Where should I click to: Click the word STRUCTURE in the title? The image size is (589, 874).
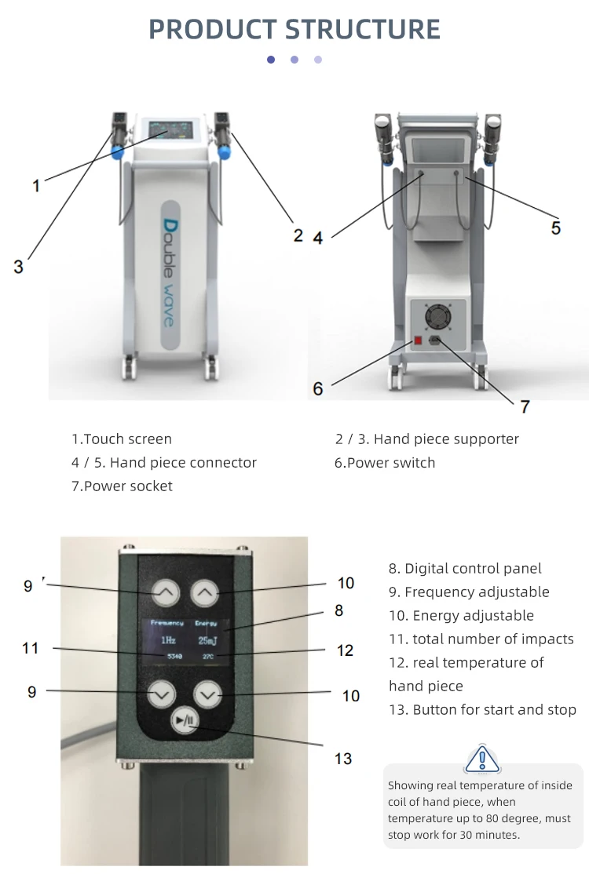(x=362, y=29)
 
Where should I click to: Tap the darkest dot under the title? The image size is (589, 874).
(x=271, y=60)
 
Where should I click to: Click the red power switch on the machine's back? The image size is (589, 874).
(x=419, y=341)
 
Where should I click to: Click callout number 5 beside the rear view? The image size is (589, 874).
(x=555, y=228)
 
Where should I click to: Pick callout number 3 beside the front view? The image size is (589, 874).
(x=18, y=266)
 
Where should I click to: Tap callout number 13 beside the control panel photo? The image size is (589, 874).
(x=343, y=759)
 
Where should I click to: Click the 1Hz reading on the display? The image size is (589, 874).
(x=167, y=640)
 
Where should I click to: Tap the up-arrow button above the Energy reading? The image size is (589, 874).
(x=206, y=594)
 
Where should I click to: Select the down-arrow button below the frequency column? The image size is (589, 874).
(x=163, y=693)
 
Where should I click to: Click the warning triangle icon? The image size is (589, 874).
(x=482, y=759)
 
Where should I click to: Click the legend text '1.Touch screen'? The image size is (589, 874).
(x=122, y=439)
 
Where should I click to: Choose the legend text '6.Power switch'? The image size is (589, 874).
(x=385, y=463)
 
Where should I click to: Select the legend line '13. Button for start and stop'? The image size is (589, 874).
(x=482, y=710)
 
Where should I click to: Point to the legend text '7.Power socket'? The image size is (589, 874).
(x=122, y=486)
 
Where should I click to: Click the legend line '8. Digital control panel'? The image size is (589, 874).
(x=465, y=569)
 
